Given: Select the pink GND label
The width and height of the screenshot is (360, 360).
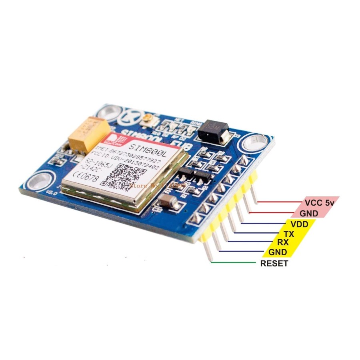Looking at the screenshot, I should point(310,213).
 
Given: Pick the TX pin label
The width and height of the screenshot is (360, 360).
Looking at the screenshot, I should point(288,234).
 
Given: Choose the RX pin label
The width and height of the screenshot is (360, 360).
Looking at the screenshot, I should point(283,242).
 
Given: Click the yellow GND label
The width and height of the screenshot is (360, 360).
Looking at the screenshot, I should point(277,252).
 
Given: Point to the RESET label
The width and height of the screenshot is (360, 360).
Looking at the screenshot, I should point(274,264).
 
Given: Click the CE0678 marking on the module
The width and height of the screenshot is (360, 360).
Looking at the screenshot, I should point(85,176).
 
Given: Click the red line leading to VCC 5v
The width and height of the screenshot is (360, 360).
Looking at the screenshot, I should point(280,202).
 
